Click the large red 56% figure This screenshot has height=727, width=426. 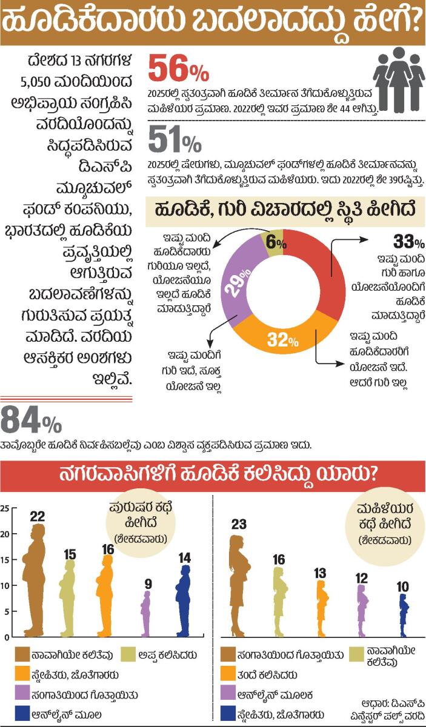178,69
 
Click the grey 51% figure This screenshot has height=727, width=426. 175,140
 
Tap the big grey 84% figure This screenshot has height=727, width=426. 31,420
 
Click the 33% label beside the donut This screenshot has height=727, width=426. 409,241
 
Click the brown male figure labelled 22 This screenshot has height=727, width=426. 34,580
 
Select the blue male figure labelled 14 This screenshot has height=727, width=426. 184,601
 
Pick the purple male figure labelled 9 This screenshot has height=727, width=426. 146,614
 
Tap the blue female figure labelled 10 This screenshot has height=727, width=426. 403,615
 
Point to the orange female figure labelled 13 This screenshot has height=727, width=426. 322,608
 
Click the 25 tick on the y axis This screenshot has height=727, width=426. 5,508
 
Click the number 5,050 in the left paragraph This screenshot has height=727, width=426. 36,82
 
